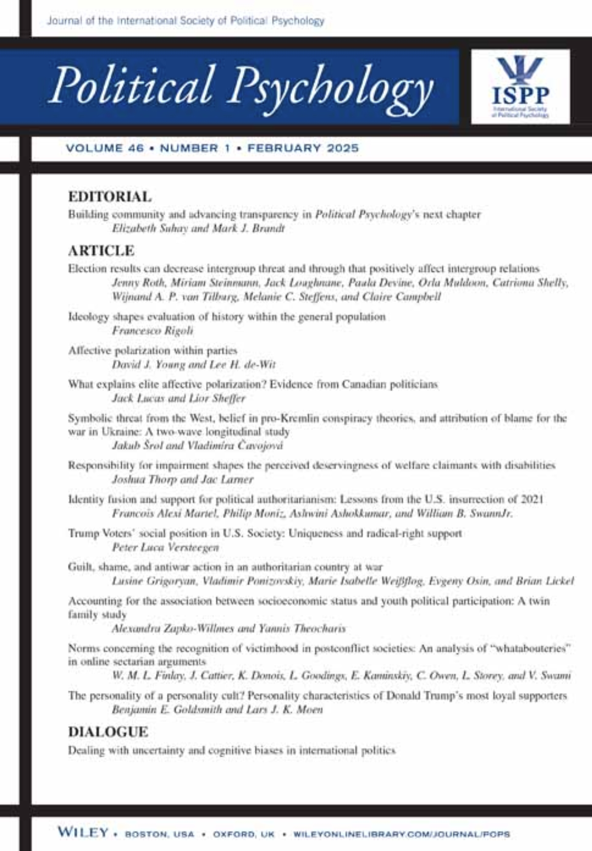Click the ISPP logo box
click(520, 86)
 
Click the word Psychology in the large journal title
click(330, 87)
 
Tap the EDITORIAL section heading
click(110, 197)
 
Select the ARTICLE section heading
click(101, 251)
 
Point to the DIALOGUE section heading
click(108, 732)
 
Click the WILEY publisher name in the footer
click(83, 833)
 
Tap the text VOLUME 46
click(105, 148)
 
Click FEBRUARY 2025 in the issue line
click(303, 148)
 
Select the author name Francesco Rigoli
click(152, 331)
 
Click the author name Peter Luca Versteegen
click(165, 547)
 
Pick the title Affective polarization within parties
click(153, 351)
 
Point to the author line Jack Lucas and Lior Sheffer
click(179, 398)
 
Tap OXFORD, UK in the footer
click(243, 834)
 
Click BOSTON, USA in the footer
click(159, 834)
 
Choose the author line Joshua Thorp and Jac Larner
click(183, 480)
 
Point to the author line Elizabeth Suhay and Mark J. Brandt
click(198, 228)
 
